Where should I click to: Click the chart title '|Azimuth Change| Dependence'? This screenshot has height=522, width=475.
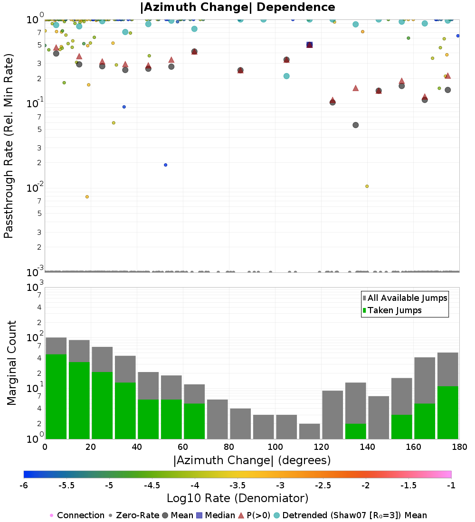pyautogui.click(x=237, y=7)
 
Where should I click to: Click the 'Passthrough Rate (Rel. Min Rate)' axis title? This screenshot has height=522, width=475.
pyautogui.click(x=9, y=146)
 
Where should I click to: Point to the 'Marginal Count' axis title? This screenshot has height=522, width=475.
pyautogui.click(x=11, y=363)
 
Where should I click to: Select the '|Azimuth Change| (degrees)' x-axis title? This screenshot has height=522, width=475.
pyautogui.click(x=252, y=460)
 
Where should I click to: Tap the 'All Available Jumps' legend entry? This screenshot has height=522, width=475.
pyautogui.click(x=405, y=298)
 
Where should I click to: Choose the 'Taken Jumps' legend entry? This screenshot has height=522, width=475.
pyautogui.click(x=392, y=310)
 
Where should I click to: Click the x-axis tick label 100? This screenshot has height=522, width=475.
pyautogui.click(x=275, y=447)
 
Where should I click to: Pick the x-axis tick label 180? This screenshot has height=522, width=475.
pyautogui.click(x=459, y=447)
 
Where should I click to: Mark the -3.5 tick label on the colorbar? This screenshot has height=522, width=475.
pyautogui.click(x=237, y=485)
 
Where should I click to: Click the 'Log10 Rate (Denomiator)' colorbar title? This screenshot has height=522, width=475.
pyautogui.click(x=237, y=498)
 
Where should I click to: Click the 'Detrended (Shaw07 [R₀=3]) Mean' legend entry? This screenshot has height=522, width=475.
pyautogui.click(x=350, y=515)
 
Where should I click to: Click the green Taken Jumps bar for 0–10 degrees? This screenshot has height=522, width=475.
pyautogui.click(x=56, y=397)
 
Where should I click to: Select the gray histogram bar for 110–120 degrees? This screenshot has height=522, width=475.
pyautogui.click(x=309, y=431)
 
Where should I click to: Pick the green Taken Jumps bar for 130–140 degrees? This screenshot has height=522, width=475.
pyautogui.click(x=356, y=431)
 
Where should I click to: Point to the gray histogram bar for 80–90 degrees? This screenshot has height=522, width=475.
pyautogui.click(x=240, y=423)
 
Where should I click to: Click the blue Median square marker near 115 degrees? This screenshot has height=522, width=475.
pyautogui.click(x=309, y=45)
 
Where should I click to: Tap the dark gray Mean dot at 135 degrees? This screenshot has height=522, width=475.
pyautogui.click(x=356, y=125)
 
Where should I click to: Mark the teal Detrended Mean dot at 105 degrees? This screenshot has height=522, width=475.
pyautogui.click(x=286, y=76)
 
